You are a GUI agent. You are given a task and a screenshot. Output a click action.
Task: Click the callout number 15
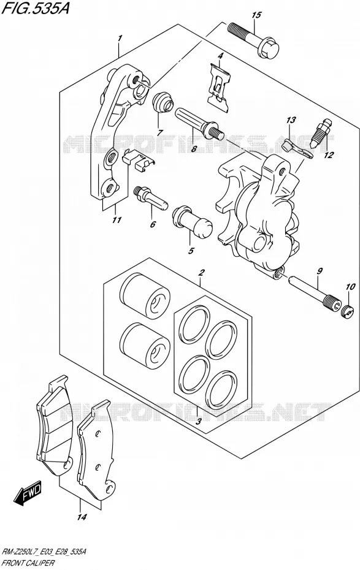pos(256,15)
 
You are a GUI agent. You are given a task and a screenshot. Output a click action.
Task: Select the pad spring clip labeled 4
pos(220,87)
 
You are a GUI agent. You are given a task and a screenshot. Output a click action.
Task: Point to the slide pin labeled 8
pos(199,123)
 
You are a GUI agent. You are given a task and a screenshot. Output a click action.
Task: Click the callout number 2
pos(202,272)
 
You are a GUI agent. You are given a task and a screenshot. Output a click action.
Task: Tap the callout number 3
pos(198,422)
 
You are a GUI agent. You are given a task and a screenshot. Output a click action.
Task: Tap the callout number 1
pos(120,37)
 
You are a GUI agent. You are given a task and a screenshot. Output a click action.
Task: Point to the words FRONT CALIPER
pos(28,563)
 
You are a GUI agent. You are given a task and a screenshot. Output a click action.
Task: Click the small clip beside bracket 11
pos(138,160)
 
